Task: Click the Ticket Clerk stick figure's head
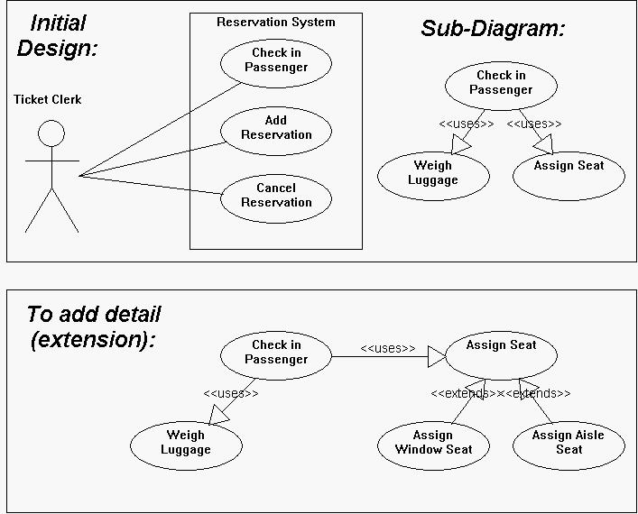coord(51,133)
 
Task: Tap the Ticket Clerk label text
coord(48,99)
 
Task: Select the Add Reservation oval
coord(276,131)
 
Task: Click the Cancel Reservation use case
coord(276,198)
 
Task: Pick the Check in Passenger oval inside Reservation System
coord(276,63)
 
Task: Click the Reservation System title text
coord(276,22)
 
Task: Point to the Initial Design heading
coord(58,36)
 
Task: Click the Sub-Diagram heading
coord(493,29)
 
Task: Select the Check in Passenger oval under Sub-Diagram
coord(501,86)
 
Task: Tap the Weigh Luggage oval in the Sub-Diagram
coord(433,176)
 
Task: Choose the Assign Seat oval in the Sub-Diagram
coord(569,176)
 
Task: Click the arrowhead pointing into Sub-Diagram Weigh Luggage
coord(460,145)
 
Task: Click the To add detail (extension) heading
coord(94,327)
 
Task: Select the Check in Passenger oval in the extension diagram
coord(276,356)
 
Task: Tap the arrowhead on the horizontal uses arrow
coord(437,356)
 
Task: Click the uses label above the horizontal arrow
coord(388,348)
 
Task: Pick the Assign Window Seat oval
coord(433,445)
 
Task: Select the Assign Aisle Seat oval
coord(569,445)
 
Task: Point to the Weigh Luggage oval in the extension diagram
coord(186,445)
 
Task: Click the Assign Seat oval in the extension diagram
coord(501,356)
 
